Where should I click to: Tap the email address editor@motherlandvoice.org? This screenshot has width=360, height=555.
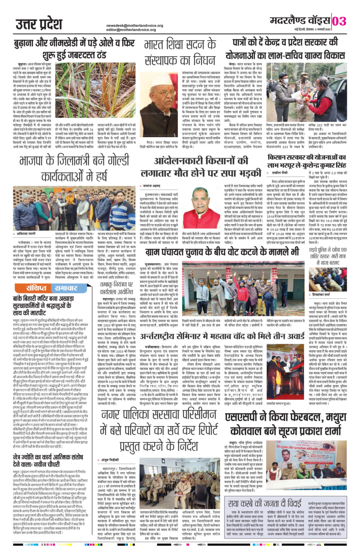(x=131, y=30)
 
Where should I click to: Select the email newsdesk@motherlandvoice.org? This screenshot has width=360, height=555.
(x=135, y=26)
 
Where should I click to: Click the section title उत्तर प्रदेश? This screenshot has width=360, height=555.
(x=39, y=24)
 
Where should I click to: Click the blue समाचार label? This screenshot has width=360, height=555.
(x=65, y=288)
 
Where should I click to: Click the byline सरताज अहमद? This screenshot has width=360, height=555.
(x=152, y=185)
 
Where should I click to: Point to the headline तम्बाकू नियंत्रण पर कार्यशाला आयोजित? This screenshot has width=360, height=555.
(x=116, y=288)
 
